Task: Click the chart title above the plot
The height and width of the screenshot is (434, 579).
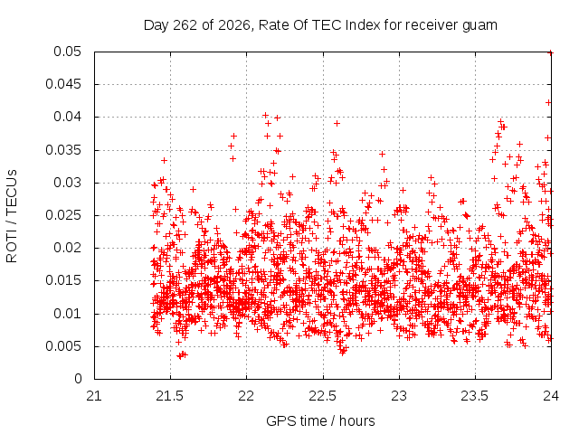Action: point(320,25)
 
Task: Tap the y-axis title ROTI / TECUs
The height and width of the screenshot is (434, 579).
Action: point(12,216)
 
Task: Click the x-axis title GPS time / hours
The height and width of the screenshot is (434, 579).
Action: point(320,420)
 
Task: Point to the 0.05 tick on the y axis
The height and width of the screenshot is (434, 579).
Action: point(67,52)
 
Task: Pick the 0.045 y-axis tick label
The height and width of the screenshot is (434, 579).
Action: point(63,84)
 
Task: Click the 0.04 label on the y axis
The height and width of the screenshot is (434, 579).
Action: point(67,117)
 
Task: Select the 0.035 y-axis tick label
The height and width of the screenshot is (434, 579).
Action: point(63,150)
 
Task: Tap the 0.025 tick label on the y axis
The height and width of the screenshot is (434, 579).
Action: point(63,215)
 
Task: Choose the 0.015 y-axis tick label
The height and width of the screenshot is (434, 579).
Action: point(63,280)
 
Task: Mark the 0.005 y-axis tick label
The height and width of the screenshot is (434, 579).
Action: point(63,346)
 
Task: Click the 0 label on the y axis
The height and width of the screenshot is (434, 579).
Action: point(78,379)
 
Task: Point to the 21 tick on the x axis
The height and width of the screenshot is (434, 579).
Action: point(94,396)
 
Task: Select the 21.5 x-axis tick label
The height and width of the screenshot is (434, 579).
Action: point(170,396)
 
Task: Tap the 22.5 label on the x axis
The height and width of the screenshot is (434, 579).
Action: point(323,396)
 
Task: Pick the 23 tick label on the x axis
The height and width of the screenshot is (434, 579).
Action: point(399,396)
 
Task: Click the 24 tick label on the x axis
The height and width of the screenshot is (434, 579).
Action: point(551,396)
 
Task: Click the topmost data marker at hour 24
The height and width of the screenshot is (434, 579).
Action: point(551,52)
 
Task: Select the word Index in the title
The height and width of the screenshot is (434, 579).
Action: point(363,25)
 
